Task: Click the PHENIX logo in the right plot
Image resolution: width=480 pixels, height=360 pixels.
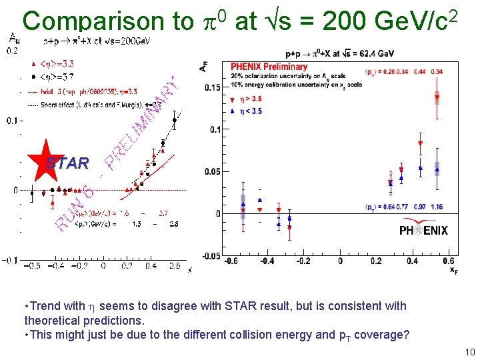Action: click(423, 231)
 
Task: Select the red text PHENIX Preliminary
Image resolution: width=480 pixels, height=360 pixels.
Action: click(269, 67)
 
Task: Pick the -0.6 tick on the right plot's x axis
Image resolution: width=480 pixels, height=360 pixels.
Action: click(231, 261)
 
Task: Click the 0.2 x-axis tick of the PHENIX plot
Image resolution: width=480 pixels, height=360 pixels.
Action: click(376, 261)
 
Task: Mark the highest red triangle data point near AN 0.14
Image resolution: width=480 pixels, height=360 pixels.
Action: click(437, 98)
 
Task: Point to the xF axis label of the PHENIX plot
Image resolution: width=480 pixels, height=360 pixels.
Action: click(453, 271)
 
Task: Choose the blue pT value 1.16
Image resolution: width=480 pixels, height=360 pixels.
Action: click(437, 207)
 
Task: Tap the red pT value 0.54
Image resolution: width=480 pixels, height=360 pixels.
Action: click(437, 71)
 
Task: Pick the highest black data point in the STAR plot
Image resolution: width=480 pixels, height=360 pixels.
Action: click(175, 121)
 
